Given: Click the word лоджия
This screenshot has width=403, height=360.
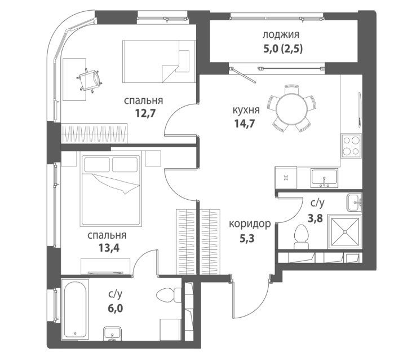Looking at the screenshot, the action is (x=281, y=35).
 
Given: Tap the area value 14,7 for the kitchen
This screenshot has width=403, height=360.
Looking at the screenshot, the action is (x=244, y=124).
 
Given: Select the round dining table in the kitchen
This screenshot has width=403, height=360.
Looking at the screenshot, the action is (x=292, y=108).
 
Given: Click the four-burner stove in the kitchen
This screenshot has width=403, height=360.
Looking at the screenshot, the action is (x=351, y=146).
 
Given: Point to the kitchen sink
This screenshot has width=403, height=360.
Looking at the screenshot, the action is (x=324, y=178).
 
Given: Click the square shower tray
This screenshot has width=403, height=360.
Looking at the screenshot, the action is (x=345, y=232).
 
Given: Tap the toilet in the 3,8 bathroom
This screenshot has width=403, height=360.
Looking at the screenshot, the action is (x=301, y=237).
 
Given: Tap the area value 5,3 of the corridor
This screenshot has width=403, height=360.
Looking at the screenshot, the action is (x=247, y=239).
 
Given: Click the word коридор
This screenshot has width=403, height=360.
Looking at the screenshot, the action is (x=250, y=224).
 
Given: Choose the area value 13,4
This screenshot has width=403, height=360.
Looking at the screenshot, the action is (x=109, y=248).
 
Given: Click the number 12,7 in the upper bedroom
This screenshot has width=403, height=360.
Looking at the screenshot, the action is (x=145, y=113).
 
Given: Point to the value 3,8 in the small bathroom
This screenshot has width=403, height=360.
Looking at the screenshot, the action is (x=316, y=219).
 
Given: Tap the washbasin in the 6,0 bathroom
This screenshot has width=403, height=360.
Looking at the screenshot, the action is (x=113, y=333).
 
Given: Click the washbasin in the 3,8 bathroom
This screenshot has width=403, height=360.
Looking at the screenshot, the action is (x=354, y=203).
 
